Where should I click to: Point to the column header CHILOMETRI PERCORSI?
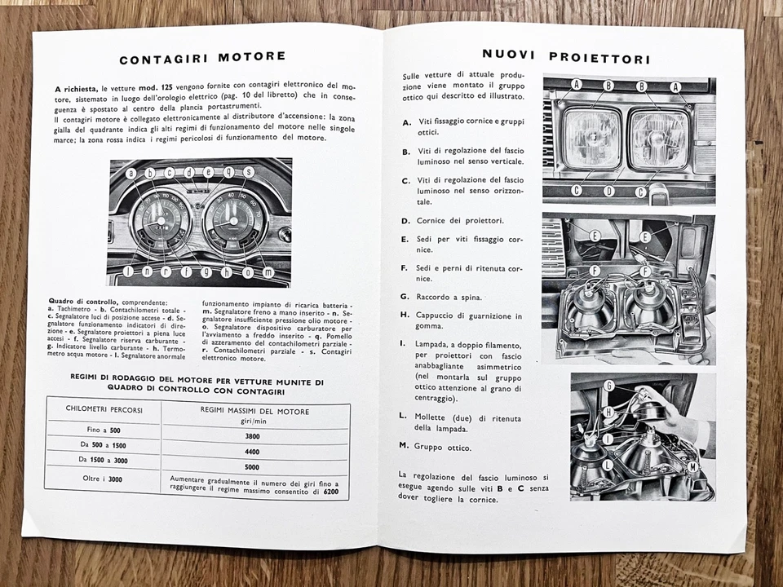104,410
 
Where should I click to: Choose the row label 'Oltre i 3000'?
104,479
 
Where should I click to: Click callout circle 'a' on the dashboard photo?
130,174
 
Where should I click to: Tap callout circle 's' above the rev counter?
248,172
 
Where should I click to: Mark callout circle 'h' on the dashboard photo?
226,272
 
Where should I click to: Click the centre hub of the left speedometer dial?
160,220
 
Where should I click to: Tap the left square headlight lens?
592,139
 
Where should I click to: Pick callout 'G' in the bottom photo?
609,386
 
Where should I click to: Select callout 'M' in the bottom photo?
692,467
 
